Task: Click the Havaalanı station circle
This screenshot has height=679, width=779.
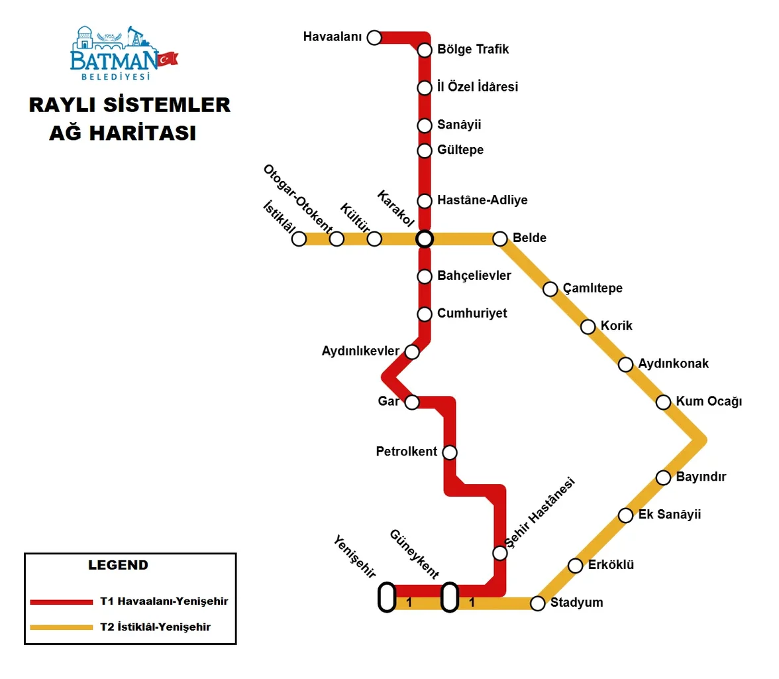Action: (374, 37)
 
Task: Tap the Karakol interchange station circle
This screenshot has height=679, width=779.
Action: (425, 239)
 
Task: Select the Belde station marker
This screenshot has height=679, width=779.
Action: (500, 239)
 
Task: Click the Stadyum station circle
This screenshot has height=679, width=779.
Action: (538, 603)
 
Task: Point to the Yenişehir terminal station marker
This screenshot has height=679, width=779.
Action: (387, 597)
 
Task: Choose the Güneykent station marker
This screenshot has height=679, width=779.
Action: (450, 597)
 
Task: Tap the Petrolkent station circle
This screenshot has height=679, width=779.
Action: (450, 452)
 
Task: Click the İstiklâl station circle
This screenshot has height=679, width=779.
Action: (299, 239)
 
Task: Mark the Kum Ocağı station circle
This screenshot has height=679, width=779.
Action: (663, 402)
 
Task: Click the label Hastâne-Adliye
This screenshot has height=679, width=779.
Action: (482, 200)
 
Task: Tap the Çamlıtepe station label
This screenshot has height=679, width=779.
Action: (592, 288)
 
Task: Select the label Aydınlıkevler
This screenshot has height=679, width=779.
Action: (361, 350)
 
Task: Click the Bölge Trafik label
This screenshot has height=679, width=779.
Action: (473, 49)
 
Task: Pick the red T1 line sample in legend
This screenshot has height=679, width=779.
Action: (62, 602)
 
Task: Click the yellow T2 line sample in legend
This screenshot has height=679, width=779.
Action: (62, 627)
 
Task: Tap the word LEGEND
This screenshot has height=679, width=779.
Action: (118, 566)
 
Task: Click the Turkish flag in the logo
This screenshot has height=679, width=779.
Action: (167, 58)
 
